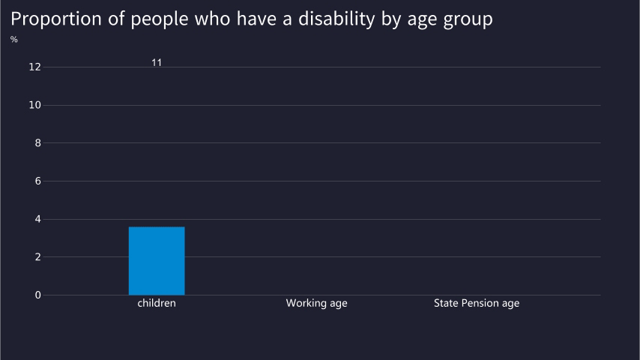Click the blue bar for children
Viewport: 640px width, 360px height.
pos(157,260)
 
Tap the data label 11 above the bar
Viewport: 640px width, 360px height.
pos(157,62)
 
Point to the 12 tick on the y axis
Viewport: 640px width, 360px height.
pos(34,67)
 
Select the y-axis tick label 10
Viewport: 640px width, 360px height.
pos(34,105)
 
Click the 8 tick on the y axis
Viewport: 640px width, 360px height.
pos(37,143)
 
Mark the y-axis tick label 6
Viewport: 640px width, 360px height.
pos(37,181)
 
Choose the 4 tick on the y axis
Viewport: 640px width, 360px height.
pos(37,219)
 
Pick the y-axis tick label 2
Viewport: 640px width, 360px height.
pos(37,257)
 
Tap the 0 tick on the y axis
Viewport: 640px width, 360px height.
pos(37,295)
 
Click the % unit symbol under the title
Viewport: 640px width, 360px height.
pos(14,39)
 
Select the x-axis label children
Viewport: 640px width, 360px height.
pos(157,304)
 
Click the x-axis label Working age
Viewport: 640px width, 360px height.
pos(316,304)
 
